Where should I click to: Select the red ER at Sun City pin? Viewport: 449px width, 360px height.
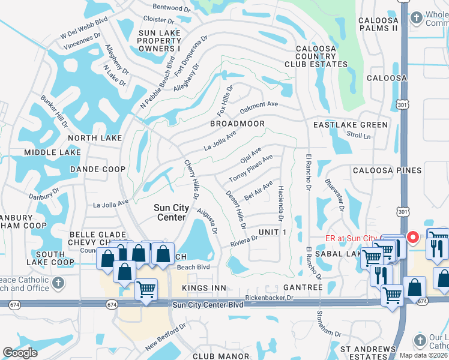[413, 237]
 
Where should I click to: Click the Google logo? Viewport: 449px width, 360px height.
[20, 352]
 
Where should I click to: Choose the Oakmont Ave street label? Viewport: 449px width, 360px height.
[259, 107]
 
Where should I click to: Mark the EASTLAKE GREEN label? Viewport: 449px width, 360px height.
[351, 125]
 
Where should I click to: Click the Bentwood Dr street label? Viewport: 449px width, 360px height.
[167, 8]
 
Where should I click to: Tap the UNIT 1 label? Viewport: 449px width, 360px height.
[273, 232]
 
